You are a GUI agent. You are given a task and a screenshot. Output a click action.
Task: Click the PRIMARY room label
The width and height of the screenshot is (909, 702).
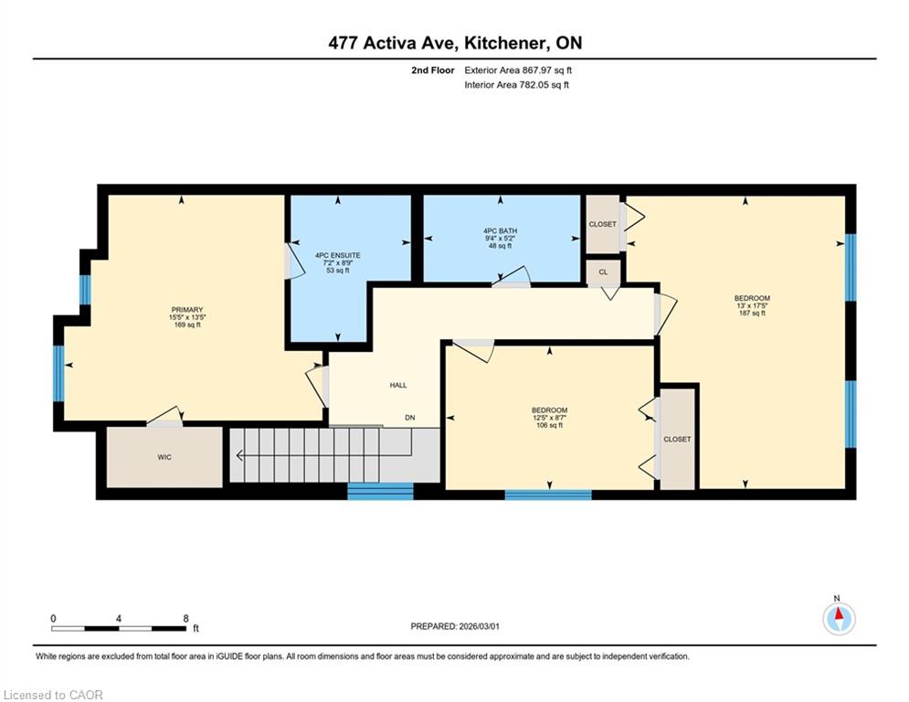point(186,310)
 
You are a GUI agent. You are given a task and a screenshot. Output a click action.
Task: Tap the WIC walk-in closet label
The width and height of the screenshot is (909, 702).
point(164,457)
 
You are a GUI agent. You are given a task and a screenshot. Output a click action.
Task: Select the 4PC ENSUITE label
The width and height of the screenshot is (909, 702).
point(338,255)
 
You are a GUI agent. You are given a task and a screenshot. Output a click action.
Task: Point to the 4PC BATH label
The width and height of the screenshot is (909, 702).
point(501,231)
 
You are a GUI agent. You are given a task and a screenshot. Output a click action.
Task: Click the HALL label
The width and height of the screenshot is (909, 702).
point(398,385)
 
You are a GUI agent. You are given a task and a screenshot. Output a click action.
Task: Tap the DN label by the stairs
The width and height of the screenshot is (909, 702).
point(410,418)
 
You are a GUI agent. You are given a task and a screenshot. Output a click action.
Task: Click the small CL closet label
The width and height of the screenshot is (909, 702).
point(604,272)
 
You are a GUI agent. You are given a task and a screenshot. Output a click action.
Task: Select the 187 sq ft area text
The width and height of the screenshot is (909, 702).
point(752,314)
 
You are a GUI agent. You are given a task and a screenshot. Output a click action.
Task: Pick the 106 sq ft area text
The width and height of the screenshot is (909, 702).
point(550,425)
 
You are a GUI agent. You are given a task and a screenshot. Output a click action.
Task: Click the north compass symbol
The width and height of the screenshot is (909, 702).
point(839,619)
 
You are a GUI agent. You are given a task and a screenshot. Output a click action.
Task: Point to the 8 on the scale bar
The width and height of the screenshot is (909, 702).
point(185,619)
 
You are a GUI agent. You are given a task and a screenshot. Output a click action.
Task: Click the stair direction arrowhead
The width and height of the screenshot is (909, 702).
point(239,456)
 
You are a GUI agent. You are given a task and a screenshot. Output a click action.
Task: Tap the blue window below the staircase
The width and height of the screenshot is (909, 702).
point(380,492)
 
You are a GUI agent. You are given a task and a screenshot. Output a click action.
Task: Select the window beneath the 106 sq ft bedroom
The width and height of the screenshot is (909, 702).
point(548,495)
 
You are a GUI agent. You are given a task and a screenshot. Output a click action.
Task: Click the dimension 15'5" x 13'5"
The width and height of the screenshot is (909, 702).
point(187,317)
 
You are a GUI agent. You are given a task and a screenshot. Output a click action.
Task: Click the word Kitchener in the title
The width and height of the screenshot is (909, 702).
point(505,43)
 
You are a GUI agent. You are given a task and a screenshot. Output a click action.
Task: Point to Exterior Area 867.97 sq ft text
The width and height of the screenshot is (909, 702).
point(518,70)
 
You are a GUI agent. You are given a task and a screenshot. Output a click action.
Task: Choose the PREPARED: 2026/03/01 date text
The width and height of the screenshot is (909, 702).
point(455,626)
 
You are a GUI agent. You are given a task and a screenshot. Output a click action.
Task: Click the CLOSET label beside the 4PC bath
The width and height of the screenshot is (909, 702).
point(602,224)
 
